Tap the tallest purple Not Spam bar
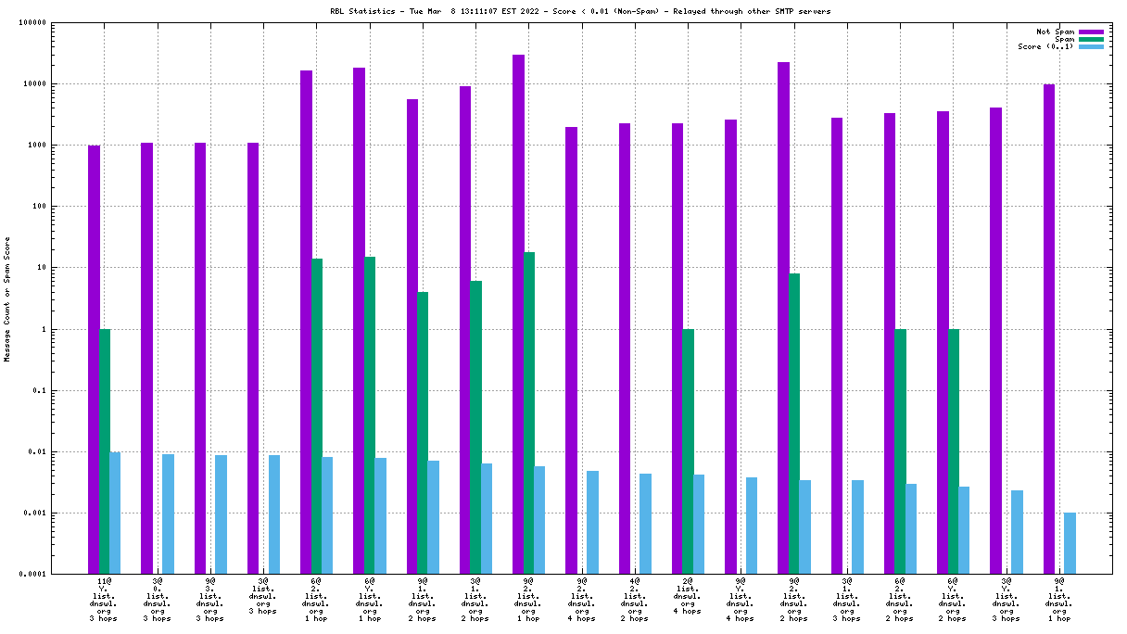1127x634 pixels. coord(518,314)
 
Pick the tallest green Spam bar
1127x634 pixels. coord(529,412)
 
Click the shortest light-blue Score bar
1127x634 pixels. coord(1070,543)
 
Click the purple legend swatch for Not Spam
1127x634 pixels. coord(1091,32)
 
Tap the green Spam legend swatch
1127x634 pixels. coord(1091,40)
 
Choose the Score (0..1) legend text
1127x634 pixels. coord(1045,47)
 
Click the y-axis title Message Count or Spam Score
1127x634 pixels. coord(7,298)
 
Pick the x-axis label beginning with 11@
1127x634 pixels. coord(104,601)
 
